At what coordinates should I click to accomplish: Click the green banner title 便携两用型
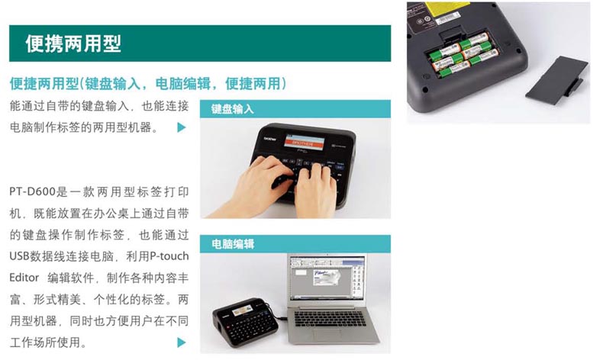pos(73,43)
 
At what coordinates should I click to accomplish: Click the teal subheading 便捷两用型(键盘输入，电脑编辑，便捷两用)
pos(148,83)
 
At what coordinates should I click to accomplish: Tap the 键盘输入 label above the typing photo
pos(232,109)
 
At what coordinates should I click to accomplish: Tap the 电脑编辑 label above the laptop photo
pos(233,244)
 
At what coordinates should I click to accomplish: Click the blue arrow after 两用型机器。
pos(182,127)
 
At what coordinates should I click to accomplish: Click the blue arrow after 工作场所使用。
pos(182,342)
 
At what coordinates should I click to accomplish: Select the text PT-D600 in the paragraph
pos(33,191)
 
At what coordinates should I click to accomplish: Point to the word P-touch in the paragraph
pos(169,256)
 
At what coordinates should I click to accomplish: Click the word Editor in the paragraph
pos(24,278)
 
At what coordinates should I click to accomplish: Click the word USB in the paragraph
pos(20,256)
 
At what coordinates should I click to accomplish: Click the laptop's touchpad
pos(329,333)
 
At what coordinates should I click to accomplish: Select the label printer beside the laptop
pos(247,322)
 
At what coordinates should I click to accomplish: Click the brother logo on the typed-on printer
pos(269,138)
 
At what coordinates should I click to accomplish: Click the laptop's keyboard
pos(330,318)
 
